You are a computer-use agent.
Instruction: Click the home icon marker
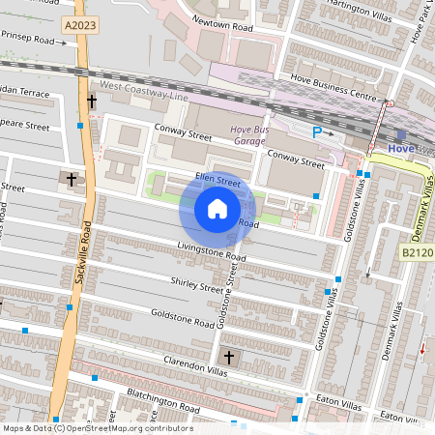tap(217, 208)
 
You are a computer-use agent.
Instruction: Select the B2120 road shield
tap(418, 252)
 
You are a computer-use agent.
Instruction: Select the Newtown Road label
tap(223, 29)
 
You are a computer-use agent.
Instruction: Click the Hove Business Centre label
tap(334, 97)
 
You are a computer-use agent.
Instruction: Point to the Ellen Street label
tap(217, 180)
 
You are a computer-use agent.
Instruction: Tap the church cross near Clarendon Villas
tap(227, 358)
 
